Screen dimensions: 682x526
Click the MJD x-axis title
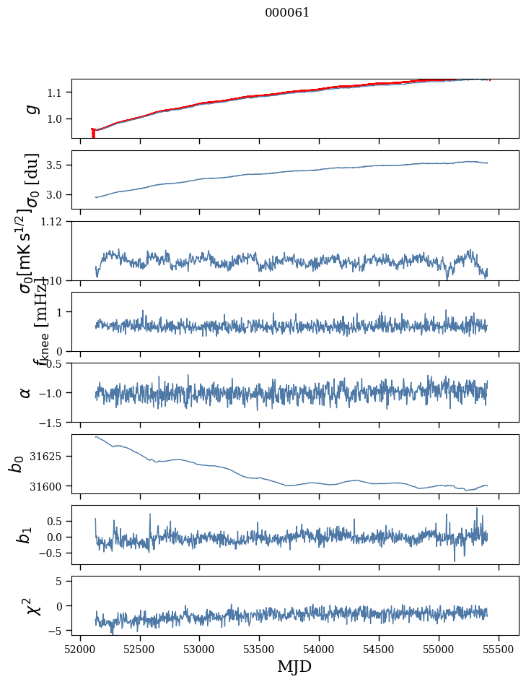tap(294, 666)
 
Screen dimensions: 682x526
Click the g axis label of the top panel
tap(31, 108)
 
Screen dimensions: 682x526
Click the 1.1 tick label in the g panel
tap(58, 92)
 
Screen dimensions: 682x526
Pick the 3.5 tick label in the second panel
tap(58, 165)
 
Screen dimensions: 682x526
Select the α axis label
tap(25, 392)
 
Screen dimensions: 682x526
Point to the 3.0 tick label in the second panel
tap(58, 195)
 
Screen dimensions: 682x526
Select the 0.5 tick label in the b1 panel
tap(58, 521)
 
